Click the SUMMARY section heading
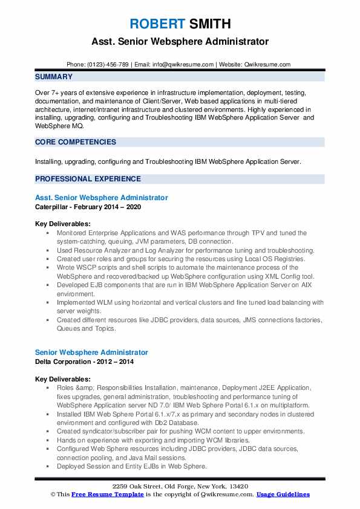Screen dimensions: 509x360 coord(54,77)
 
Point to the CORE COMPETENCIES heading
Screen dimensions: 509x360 coord(76,142)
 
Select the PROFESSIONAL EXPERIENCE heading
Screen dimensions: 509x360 coord(88,179)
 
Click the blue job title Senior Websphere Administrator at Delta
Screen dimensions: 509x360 coord(91,352)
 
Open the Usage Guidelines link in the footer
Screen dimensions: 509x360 coord(283,494)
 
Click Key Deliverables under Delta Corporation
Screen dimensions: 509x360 coord(63,378)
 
